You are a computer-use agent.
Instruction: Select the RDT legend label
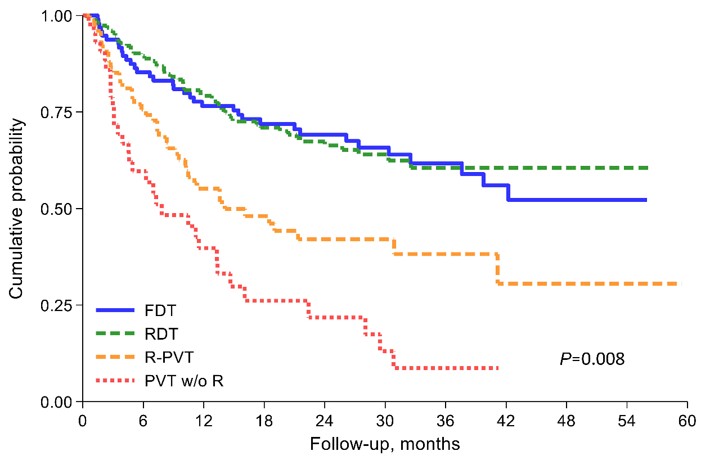(x=161, y=334)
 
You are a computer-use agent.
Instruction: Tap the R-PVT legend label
(x=168, y=358)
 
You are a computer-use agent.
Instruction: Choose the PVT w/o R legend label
(x=183, y=381)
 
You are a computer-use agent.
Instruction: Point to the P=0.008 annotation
(x=592, y=359)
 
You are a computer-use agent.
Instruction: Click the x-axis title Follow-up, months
(x=385, y=444)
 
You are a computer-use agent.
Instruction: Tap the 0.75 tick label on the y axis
(x=57, y=112)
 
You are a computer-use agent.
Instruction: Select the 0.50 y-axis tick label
(x=57, y=209)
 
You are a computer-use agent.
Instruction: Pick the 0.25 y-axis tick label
(x=57, y=305)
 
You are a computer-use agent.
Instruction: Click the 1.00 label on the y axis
(x=57, y=16)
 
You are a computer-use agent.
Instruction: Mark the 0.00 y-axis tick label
(x=57, y=402)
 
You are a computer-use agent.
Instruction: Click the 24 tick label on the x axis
(x=325, y=421)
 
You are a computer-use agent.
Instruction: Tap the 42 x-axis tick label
(x=506, y=421)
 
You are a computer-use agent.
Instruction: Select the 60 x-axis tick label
(x=687, y=421)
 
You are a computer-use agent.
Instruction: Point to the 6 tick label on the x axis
(x=143, y=421)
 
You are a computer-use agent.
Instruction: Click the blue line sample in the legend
(x=115, y=310)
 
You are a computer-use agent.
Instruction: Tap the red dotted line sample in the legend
(x=115, y=381)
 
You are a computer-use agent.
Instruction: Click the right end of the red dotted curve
(x=498, y=368)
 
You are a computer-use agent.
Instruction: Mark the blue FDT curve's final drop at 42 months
(x=508, y=192)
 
